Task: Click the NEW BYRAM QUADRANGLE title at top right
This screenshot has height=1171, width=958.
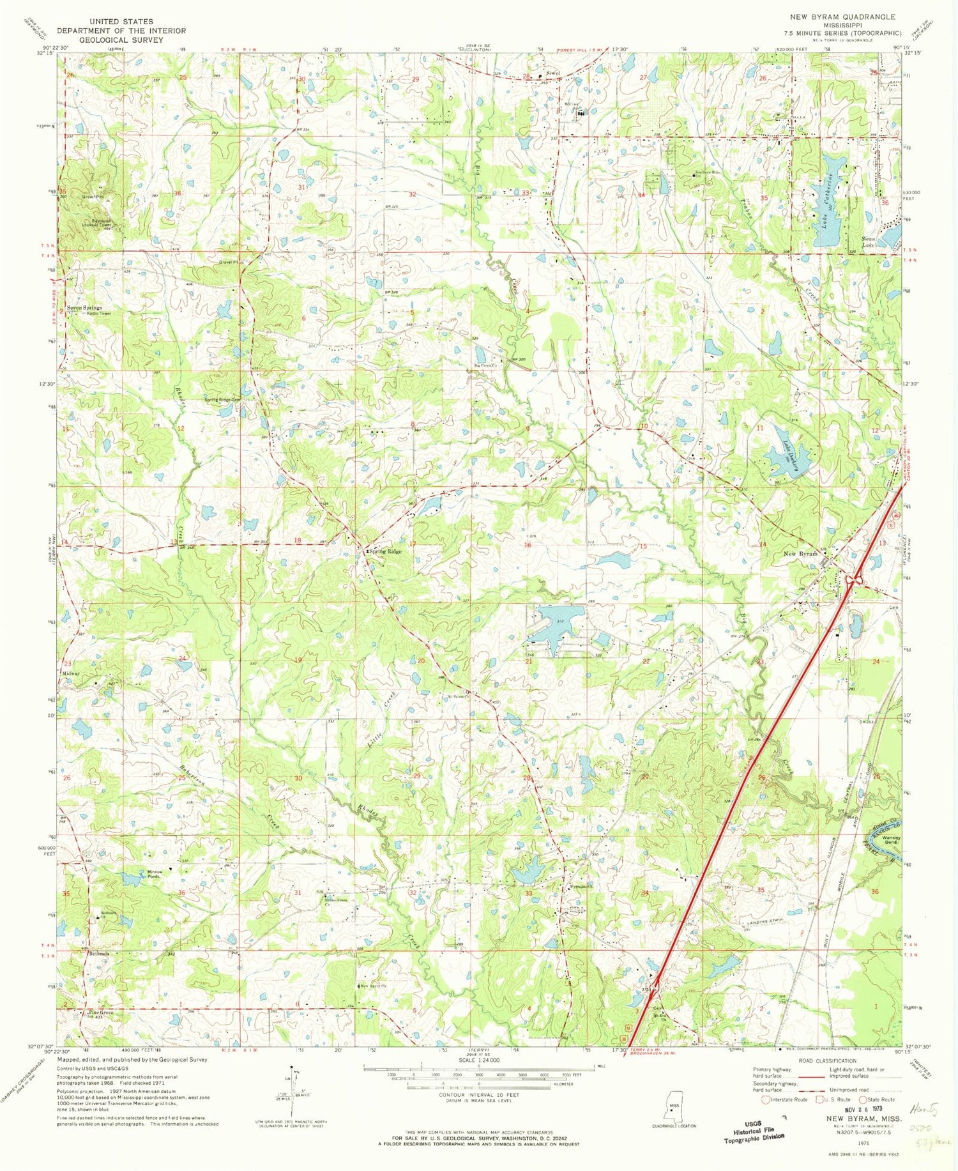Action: [x=842, y=17]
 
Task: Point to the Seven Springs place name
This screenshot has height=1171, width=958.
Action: [x=84, y=307]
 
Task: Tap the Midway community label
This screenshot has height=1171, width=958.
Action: [x=70, y=673]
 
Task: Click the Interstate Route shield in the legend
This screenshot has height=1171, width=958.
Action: [x=766, y=1099]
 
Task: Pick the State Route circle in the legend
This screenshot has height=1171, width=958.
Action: [x=863, y=1099]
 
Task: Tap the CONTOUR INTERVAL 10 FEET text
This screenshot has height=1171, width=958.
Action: [x=478, y=1094]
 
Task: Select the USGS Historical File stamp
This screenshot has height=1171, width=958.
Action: [x=754, y=1131]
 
